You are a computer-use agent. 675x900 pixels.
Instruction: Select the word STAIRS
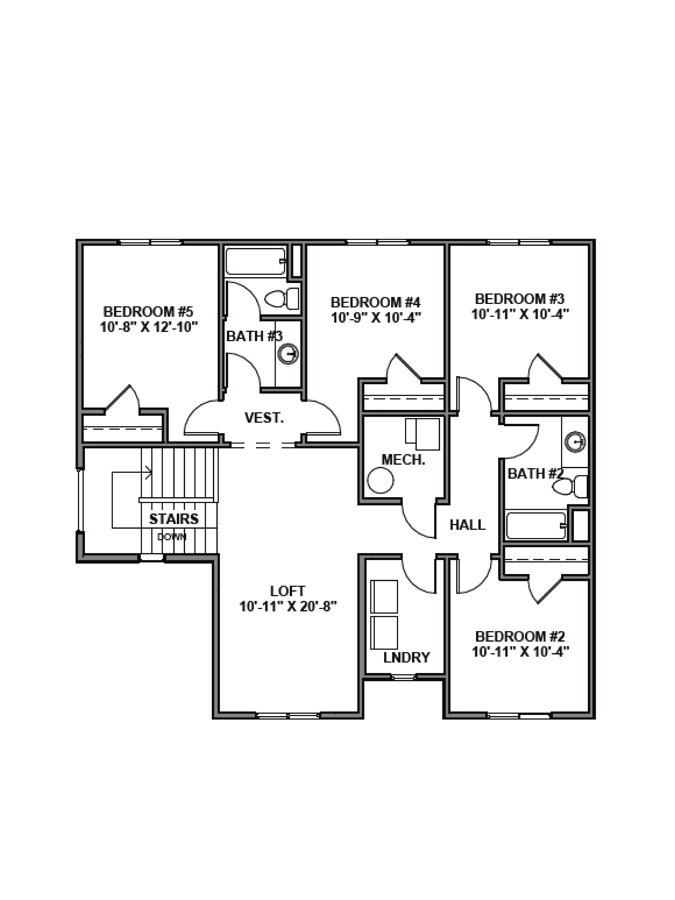coord(174,519)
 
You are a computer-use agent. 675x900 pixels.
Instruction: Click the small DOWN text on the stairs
coord(172,537)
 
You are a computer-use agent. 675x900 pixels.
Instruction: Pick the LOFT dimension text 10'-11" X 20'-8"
coord(288,607)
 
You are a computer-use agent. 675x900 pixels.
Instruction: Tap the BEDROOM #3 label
coord(520,299)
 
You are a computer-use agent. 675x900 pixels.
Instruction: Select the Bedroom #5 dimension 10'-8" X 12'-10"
coord(149,327)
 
